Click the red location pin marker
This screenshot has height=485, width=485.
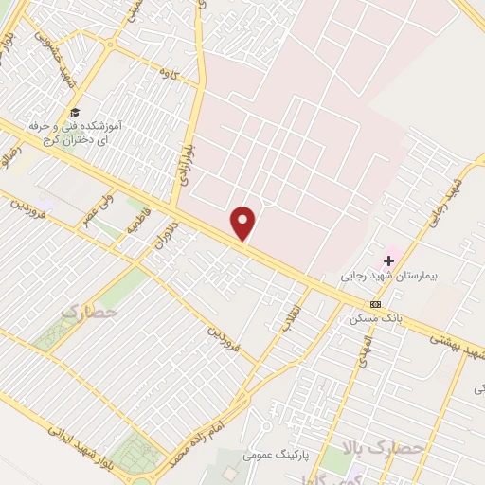pos(243,224)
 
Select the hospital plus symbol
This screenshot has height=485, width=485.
pos(388,260)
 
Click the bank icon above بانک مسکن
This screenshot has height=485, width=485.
pos(376,304)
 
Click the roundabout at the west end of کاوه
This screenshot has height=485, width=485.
pos(113,45)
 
